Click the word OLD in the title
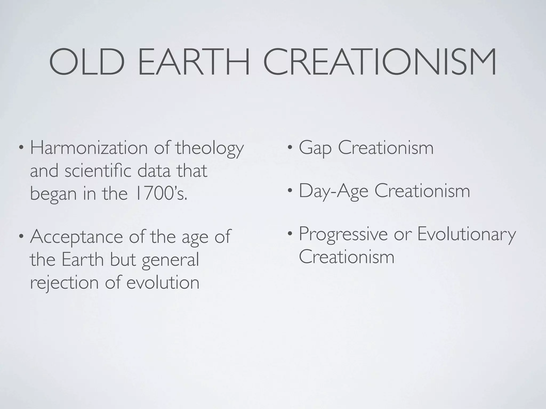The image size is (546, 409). coord(87,62)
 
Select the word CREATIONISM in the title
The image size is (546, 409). coord(380,62)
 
